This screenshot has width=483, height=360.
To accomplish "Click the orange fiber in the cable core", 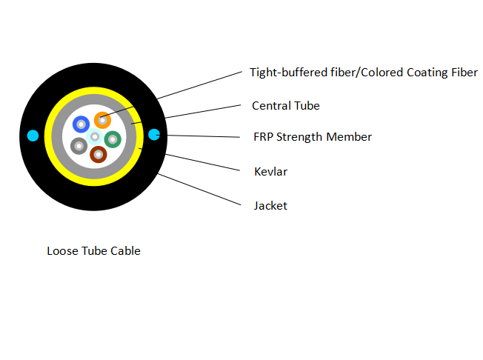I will click(101, 120).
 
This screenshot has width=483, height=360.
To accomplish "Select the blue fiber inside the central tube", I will click(81, 125).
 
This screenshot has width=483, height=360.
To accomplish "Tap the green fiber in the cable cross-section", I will click(112, 139).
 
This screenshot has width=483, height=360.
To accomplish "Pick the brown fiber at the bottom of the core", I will click(98, 154).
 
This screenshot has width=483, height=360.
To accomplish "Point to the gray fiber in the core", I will click(79, 145).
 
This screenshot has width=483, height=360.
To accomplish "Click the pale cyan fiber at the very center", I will click(94, 137).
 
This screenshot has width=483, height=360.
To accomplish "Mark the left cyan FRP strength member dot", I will click(33, 135).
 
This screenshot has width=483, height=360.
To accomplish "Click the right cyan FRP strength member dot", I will click(154, 135).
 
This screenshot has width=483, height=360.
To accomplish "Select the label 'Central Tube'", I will click(285, 106).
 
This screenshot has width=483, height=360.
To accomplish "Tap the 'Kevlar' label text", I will click(270, 172).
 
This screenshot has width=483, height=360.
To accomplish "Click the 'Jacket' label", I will click(270, 205).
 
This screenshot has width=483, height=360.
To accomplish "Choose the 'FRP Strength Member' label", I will click(312, 137).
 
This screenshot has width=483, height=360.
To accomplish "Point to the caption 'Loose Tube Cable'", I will click(93, 251).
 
